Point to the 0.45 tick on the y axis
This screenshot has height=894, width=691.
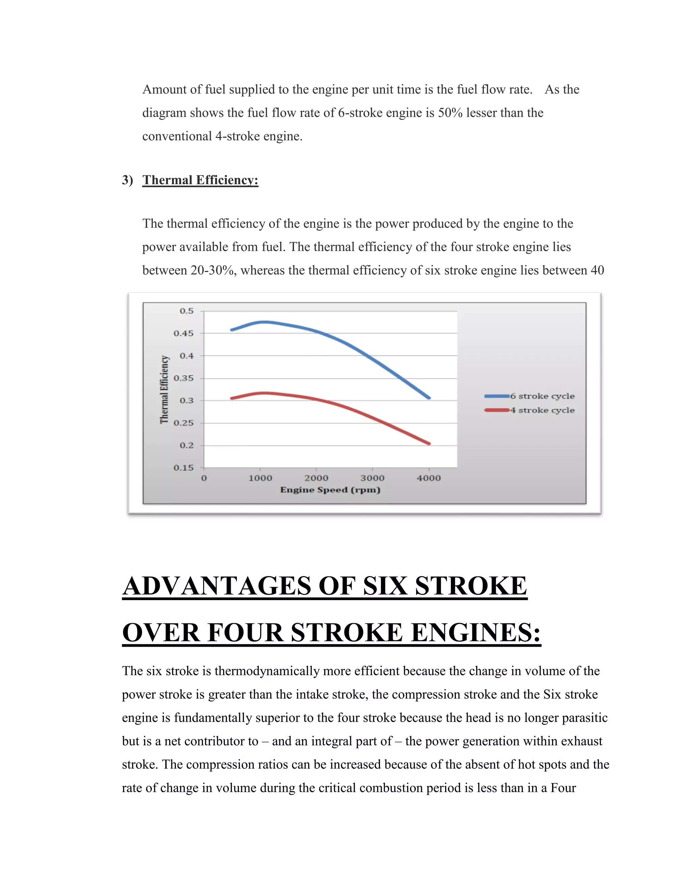point(184,333)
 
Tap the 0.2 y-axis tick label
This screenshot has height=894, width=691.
point(186,445)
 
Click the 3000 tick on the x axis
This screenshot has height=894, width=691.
point(372,478)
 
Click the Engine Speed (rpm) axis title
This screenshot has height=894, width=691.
point(330,490)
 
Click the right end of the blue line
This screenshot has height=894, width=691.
point(429,397)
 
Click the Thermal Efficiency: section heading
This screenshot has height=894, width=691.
point(200,180)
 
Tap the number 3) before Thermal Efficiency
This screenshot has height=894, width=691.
point(127,180)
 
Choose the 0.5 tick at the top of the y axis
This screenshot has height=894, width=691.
point(186,311)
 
